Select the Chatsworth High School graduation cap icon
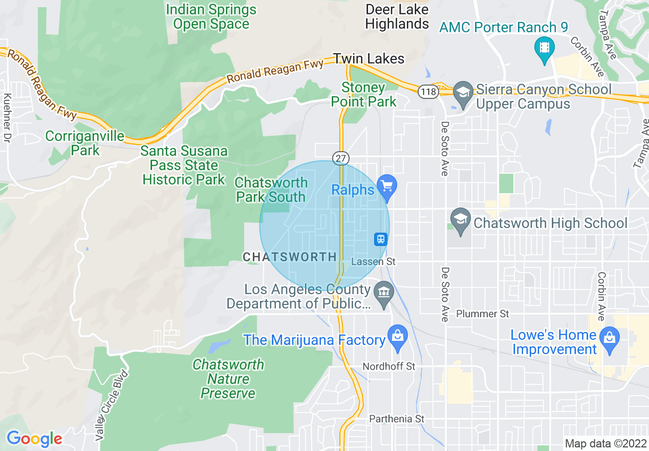pos(461,221)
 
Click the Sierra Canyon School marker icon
pos(463,93)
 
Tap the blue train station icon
pos(381,239)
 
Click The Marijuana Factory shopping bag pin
pos(397,337)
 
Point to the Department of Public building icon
pos(383,294)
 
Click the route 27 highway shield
pos(340,158)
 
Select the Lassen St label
pos(374,262)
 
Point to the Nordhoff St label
pos(389,366)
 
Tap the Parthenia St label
pos(397,419)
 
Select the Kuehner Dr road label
pos(7,118)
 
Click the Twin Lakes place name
pos(369,58)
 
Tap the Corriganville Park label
pos(85,143)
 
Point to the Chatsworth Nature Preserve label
pos(228,379)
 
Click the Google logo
pos(34,439)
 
